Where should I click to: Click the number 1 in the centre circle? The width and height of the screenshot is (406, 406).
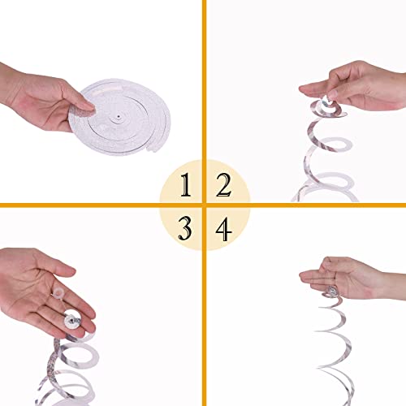coord(186,188)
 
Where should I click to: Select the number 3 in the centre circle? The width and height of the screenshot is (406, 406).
coord(186,227)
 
